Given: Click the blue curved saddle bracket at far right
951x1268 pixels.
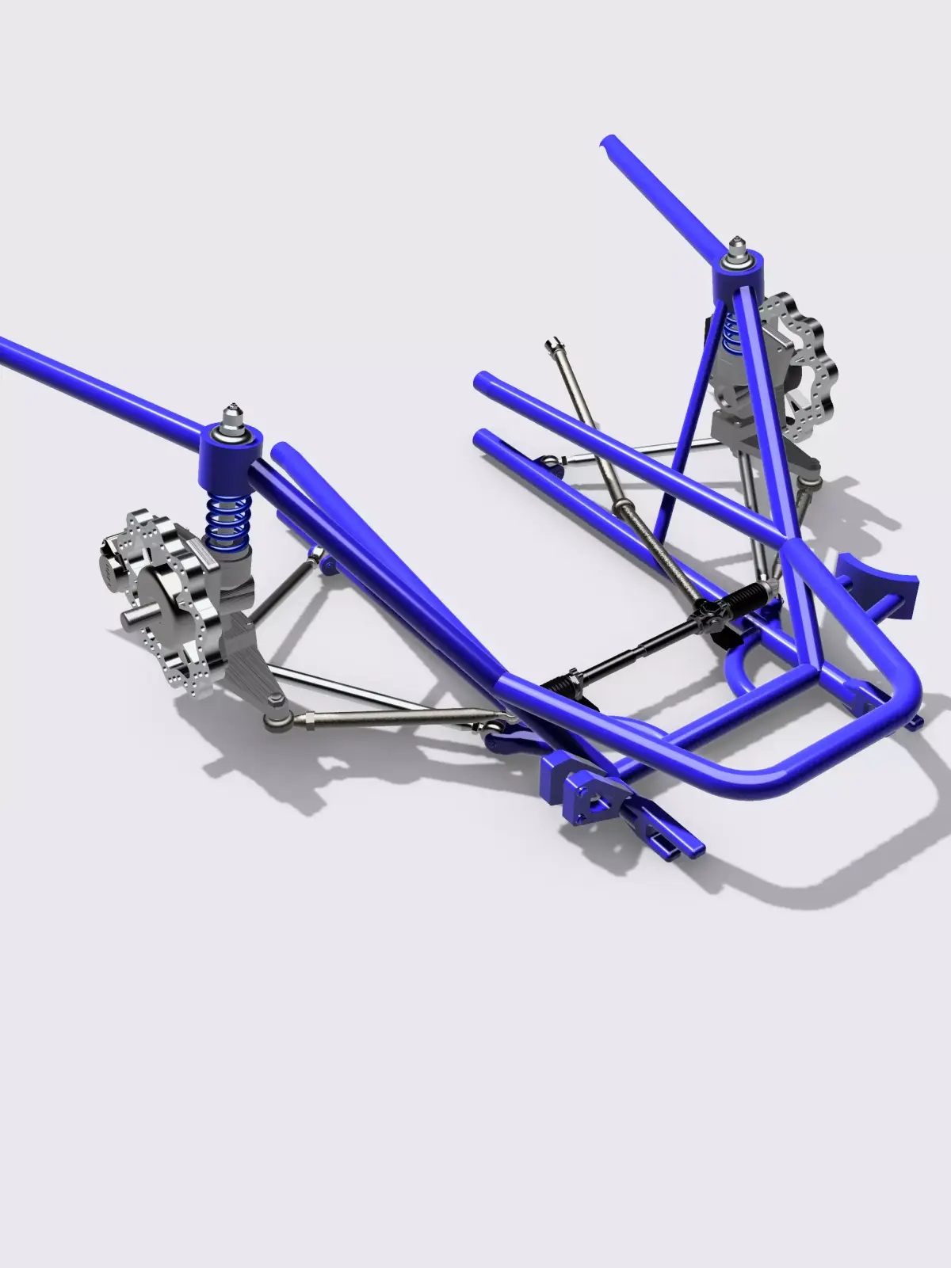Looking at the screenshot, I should tap(880, 582).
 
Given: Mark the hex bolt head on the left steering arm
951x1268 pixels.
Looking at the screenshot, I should tap(273, 699).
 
